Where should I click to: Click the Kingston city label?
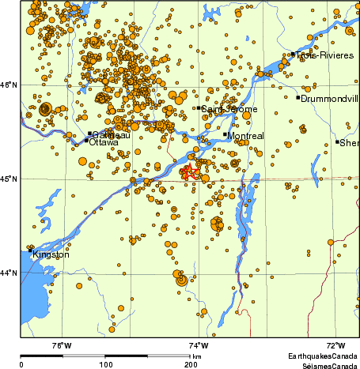51,255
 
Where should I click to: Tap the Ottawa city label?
104,142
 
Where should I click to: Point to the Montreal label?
244,136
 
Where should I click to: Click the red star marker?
189,173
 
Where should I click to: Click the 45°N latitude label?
9,179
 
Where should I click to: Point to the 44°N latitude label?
9,273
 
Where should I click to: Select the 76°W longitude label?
61,345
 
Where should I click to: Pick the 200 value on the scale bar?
190,365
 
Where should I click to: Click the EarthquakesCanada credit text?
323,357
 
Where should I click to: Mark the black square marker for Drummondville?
298,98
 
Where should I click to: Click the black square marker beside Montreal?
225,134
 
